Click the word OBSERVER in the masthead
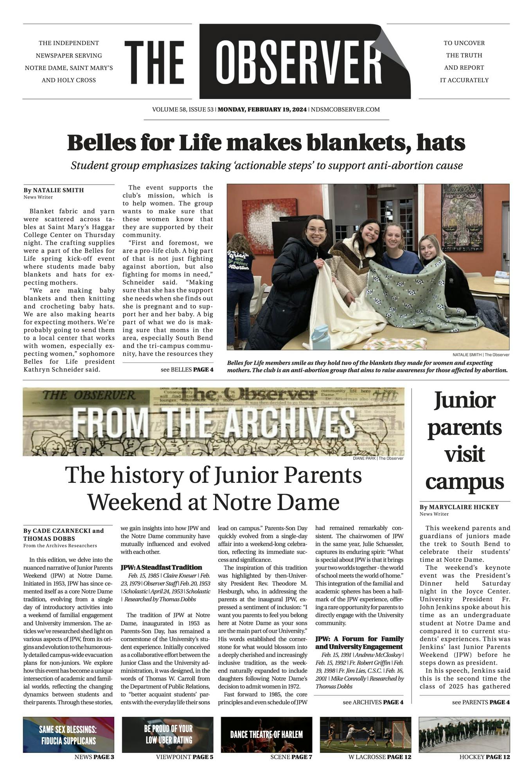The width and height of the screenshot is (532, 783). click(x=299, y=62)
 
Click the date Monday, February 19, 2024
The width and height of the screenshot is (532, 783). click(x=262, y=110)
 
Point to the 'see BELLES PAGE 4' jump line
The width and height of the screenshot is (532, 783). click(x=187, y=369)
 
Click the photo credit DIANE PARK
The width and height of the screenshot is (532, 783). click(x=364, y=458)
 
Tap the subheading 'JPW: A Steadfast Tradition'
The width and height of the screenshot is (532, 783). click(x=161, y=567)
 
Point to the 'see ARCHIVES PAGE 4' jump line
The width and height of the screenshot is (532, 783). click(x=373, y=702)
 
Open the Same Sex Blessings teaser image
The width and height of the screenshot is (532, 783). click(x=68, y=734)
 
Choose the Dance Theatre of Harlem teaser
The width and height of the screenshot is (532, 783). click(x=266, y=734)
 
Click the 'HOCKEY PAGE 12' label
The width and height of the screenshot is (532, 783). click(x=484, y=757)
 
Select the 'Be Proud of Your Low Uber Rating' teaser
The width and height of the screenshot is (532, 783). click(x=168, y=734)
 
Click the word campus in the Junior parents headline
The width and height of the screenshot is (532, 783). click(x=464, y=482)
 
